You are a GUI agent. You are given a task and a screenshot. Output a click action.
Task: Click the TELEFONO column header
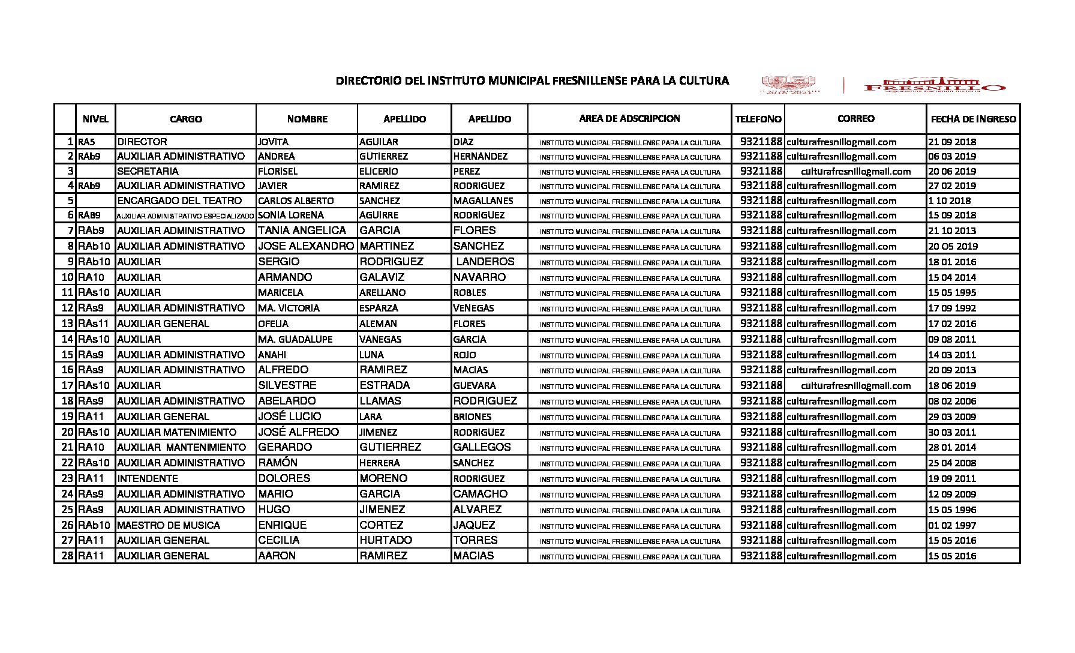coord(758,119)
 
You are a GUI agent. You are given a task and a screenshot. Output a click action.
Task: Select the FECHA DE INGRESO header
coord(973,119)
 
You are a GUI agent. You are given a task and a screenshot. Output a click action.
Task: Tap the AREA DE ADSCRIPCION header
coord(629,119)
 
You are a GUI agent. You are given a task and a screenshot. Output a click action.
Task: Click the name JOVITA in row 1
coord(273,142)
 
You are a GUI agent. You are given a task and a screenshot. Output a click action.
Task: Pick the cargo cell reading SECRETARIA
coord(148,171)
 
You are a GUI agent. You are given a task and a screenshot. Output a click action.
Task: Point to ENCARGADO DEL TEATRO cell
coord(179,200)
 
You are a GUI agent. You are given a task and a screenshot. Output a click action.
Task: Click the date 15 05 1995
coord(952,293)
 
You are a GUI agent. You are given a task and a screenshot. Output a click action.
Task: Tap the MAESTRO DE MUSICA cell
coord(169,525)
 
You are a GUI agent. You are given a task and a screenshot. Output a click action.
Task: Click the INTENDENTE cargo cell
coord(148,478)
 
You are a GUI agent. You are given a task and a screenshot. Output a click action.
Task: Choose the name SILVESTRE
coord(287,385)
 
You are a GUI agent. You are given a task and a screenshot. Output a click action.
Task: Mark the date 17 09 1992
coord(952,308)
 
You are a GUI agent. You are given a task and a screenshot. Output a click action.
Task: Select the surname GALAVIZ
coord(382,277)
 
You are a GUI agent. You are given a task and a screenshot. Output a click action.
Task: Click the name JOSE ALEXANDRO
coord(306,246)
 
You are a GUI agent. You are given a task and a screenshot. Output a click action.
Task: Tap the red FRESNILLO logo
coord(934,86)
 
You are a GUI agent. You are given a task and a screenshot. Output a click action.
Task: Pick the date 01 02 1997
coord(952,525)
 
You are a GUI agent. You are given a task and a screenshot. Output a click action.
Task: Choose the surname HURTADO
coord(386,540)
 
